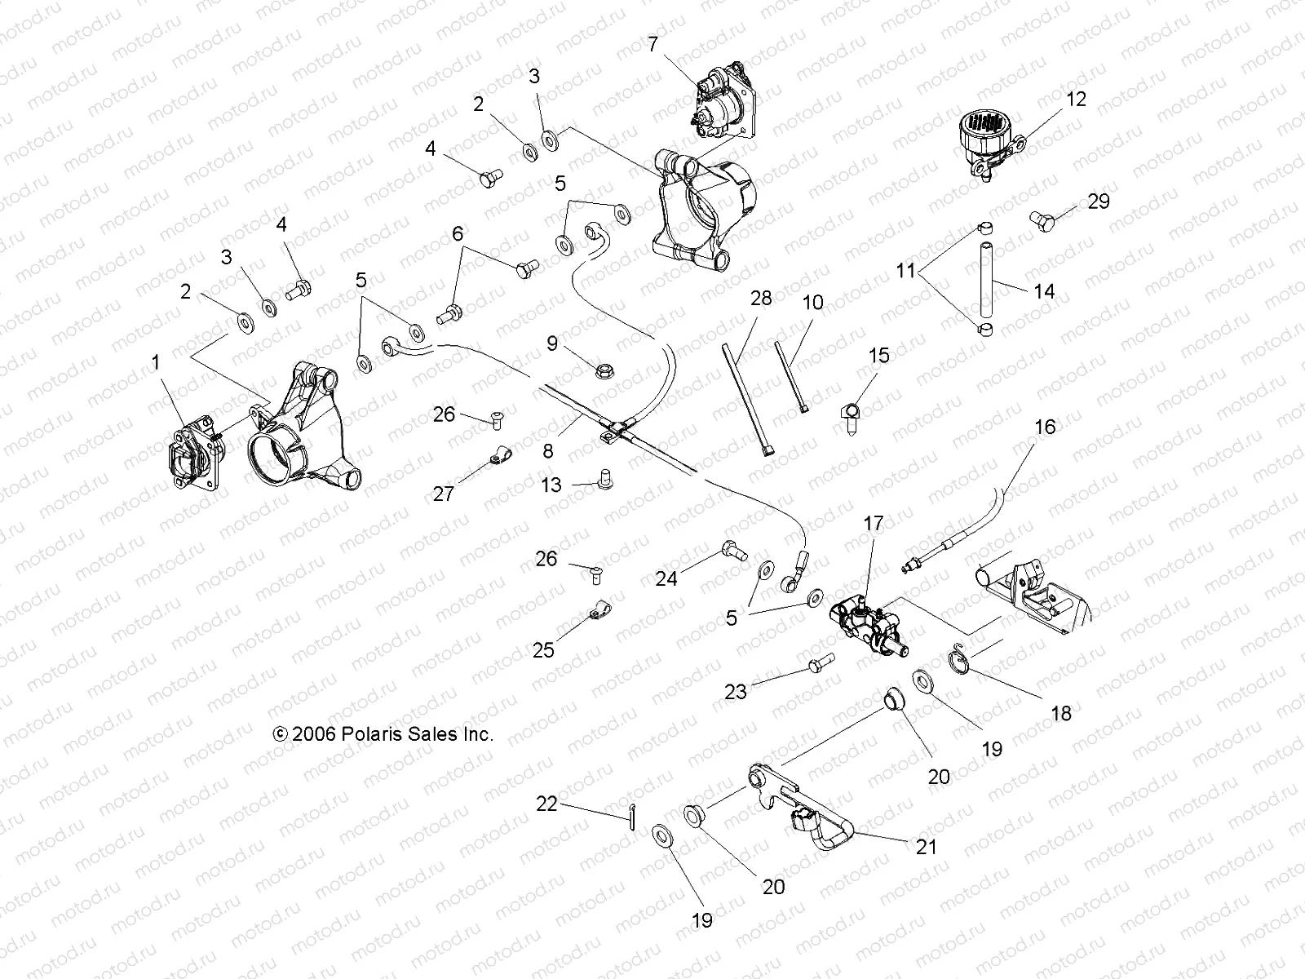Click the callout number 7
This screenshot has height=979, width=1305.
(652, 44)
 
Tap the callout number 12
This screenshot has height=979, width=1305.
(1076, 100)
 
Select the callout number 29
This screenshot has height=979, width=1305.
(1099, 202)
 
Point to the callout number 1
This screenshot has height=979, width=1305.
(157, 362)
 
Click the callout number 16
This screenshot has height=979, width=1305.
(1045, 427)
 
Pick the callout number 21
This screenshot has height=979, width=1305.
(926, 847)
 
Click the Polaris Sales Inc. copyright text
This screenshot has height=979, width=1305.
(383, 734)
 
